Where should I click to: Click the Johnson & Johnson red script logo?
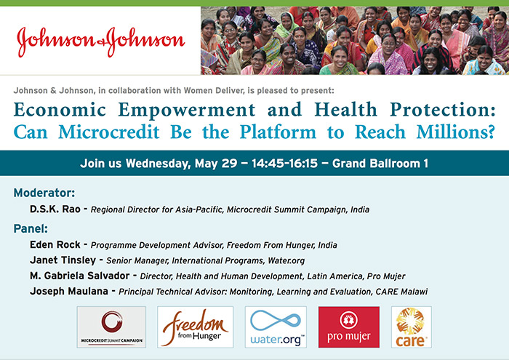(x=100, y=41)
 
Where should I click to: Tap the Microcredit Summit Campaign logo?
(x=111, y=327)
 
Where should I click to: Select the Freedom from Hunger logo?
(x=196, y=327)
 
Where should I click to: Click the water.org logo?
(x=276, y=327)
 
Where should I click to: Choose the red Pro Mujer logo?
(x=349, y=327)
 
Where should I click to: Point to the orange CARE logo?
(x=412, y=327)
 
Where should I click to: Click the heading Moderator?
(x=44, y=193)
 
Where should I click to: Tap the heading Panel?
(x=31, y=228)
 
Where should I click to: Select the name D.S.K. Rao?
(x=55, y=209)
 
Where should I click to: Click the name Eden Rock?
(x=55, y=244)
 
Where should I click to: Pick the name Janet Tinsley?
(x=63, y=260)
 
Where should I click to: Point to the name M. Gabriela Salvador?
(x=79, y=276)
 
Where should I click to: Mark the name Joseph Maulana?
(x=69, y=291)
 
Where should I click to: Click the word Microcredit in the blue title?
(x=109, y=132)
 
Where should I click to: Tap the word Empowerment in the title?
(x=187, y=111)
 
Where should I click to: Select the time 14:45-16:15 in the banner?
(x=284, y=164)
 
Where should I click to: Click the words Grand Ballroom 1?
(x=380, y=164)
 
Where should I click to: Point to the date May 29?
(x=216, y=164)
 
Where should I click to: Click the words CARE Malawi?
(x=401, y=292)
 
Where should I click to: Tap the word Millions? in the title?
(x=455, y=132)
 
